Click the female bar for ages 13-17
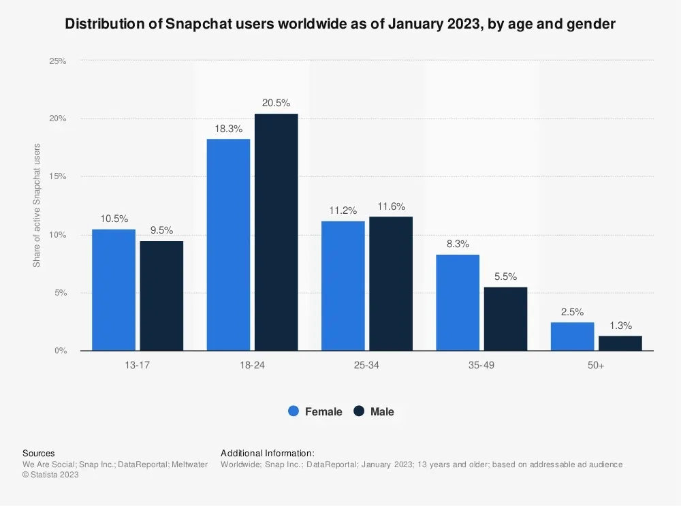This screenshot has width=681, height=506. [114, 290]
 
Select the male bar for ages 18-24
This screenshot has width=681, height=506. [276, 232]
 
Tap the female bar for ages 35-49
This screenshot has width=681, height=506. [458, 303]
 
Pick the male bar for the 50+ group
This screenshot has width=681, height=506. [620, 343]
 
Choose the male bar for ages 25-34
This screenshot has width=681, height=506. [391, 284]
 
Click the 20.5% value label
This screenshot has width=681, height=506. [276, 104]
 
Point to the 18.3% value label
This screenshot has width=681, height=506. [228, 129]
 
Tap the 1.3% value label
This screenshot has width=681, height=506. [620, 326]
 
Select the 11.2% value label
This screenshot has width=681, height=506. [343, 210]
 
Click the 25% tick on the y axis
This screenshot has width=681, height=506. [57, 61]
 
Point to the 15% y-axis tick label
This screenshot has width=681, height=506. [57, 177]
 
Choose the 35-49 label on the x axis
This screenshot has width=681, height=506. [481, 366]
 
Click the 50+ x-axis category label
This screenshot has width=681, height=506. [596, 366]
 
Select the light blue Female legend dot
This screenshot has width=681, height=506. [294, 411]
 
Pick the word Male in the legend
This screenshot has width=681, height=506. [382, 411]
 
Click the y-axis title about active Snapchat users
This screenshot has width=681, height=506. [37, 205]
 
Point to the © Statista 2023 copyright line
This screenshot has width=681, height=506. [50, 475]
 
